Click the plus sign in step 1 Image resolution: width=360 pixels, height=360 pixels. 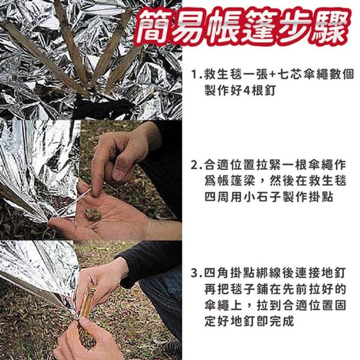coord(272,75)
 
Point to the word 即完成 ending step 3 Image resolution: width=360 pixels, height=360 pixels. coord(274,321)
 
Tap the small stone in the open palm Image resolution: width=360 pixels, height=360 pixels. coord(93,214)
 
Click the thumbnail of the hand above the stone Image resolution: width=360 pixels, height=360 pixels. coord(119,174)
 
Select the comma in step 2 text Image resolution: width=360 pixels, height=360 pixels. coord(261,184)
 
